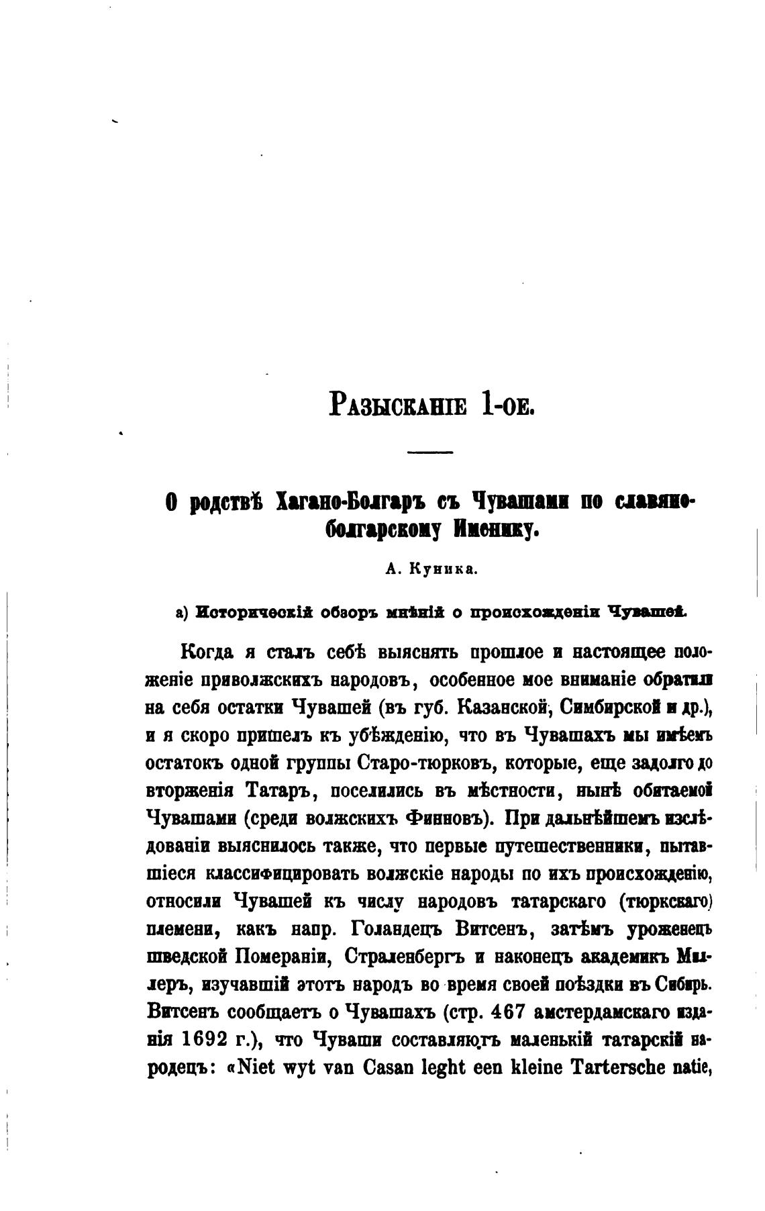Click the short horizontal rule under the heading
tap(430, 452)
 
